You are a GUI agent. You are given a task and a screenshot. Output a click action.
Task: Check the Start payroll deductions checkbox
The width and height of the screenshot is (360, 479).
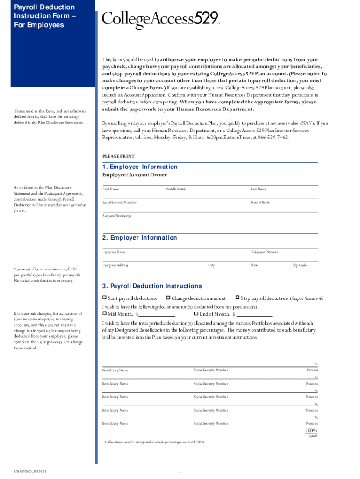point(105,298)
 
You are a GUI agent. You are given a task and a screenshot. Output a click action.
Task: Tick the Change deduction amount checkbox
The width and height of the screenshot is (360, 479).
point(168,298)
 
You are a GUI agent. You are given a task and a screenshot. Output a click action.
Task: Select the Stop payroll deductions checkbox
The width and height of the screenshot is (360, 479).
point(237,298)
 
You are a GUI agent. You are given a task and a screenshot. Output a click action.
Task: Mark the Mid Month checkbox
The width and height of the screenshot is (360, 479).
point(105,314)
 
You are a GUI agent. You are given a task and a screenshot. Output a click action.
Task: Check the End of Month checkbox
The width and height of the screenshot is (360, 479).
point(196,314)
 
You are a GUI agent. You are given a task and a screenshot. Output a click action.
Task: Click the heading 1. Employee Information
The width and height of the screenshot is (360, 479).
point(140,167)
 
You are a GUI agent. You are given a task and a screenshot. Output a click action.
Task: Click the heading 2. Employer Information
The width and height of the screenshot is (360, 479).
point(140,238)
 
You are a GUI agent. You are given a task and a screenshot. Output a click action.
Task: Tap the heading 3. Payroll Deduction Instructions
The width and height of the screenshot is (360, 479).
point(152,286)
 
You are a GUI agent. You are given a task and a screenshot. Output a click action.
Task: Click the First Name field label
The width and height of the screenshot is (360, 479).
point(111,189)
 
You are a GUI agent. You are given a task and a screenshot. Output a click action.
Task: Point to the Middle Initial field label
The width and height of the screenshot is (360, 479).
point(175,189)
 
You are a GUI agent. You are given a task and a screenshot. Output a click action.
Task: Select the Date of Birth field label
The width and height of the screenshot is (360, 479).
point(260,203)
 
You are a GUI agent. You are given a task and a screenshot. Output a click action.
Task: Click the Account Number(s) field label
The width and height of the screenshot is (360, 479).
point(117,216)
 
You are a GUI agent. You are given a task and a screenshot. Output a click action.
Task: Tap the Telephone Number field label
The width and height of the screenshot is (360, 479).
point(264,252)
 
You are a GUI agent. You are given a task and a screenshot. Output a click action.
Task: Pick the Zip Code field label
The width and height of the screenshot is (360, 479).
point(300,265)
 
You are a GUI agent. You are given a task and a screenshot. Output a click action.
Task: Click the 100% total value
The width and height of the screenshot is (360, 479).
point(311,431)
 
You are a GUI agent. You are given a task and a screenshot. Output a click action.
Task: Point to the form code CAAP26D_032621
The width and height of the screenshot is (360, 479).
point(29,471)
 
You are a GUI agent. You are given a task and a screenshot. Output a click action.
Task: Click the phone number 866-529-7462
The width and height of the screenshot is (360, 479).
point(274,138)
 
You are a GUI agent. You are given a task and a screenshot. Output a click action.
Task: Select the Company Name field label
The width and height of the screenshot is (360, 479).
point(114,252)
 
